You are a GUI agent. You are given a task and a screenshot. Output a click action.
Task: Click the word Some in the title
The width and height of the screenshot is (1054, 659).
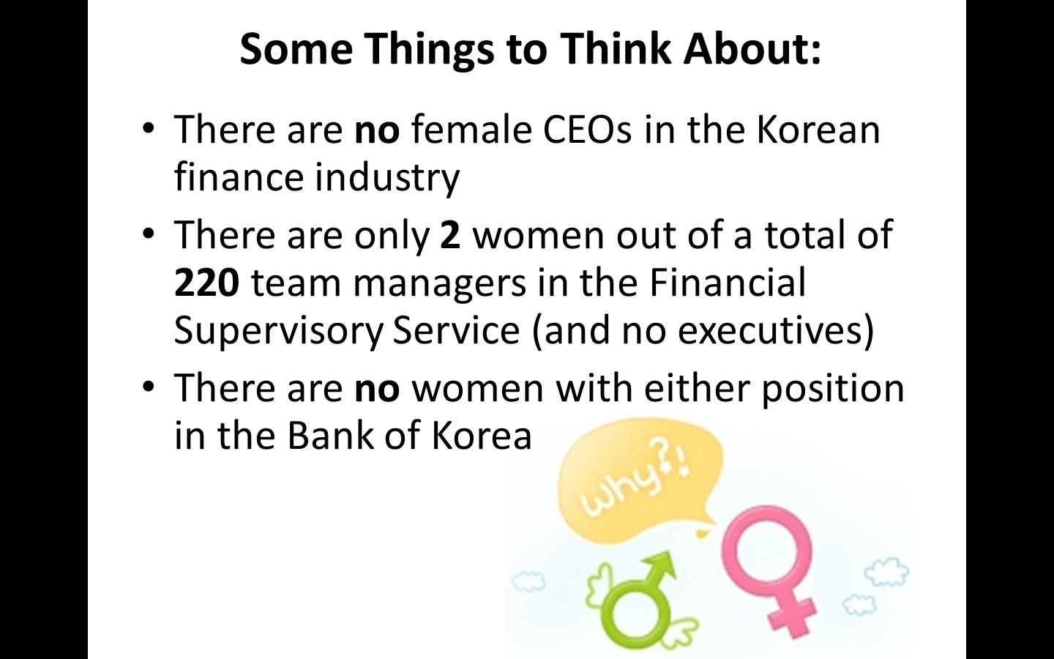click(296, 48)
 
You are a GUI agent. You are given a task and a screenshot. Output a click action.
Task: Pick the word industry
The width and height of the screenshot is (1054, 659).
click(386, 179)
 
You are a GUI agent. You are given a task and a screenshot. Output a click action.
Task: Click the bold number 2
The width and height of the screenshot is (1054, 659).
click(450, 234)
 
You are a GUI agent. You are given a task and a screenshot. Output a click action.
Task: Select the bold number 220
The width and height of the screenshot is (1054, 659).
click(206, 283)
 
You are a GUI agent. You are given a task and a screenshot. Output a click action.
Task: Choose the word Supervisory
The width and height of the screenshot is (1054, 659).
click(278, 332)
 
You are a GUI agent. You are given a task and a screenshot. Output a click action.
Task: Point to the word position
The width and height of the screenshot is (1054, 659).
click(832, 389)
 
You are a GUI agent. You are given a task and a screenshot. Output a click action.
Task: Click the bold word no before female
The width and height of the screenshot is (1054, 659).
click(377, 131)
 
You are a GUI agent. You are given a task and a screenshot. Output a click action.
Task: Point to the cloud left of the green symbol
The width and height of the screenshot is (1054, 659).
click(528, 582)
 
